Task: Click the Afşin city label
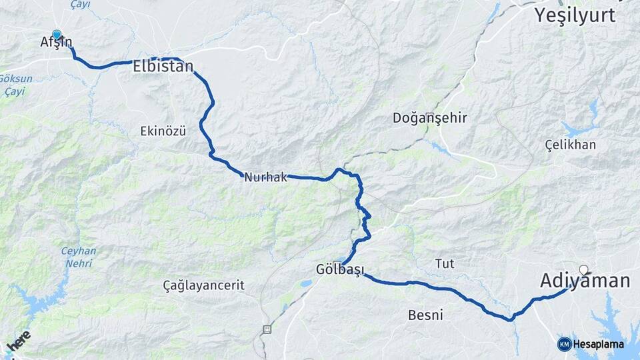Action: click(x=56, y=43)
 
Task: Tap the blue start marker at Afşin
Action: click(x=57, y=35)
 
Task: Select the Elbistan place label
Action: click(x=163, y=67)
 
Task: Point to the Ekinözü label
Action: click(x=163, y=131)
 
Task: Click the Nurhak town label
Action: click(x=265, y=177)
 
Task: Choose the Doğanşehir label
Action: click(x=430, y=118)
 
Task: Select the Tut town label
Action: click(x=445, y=263)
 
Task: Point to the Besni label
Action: click(x=425, y=315)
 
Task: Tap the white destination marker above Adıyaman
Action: click(x=584, y=270)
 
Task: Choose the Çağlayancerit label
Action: click(x=204, y=285)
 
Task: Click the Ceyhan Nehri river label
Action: click(x=79, y=257)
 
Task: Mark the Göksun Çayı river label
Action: click(x=17, y=84)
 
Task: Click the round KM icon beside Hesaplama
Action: click(x=564, y=344)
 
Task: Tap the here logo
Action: click(x=18, y=341)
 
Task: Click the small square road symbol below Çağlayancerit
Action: click(x=267, y=329)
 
